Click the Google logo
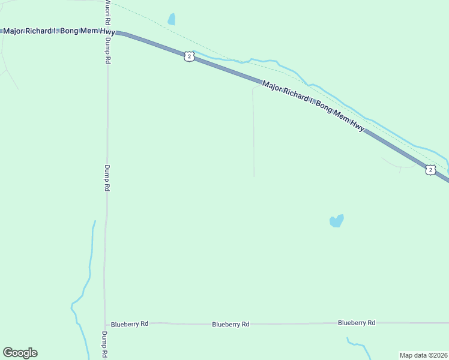(20, 353)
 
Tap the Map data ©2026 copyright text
(423, 355)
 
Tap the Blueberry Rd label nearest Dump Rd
(130, 324)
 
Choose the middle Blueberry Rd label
(231, 324)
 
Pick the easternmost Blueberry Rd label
(357, 323)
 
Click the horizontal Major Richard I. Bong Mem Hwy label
(59, 31)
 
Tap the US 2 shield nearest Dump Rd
(189, 56)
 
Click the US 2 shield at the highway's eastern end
(430, 170)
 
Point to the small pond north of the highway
(172, 19)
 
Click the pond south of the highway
(337, 221)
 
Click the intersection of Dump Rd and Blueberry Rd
(105, 323)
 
